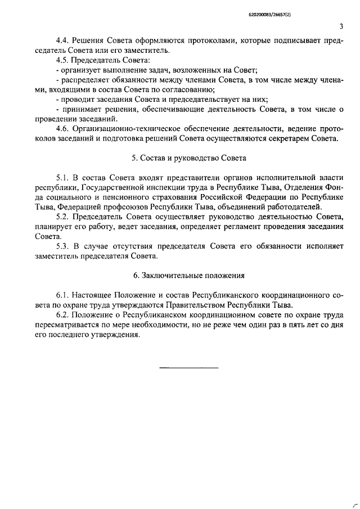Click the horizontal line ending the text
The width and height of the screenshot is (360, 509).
(189, 368)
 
